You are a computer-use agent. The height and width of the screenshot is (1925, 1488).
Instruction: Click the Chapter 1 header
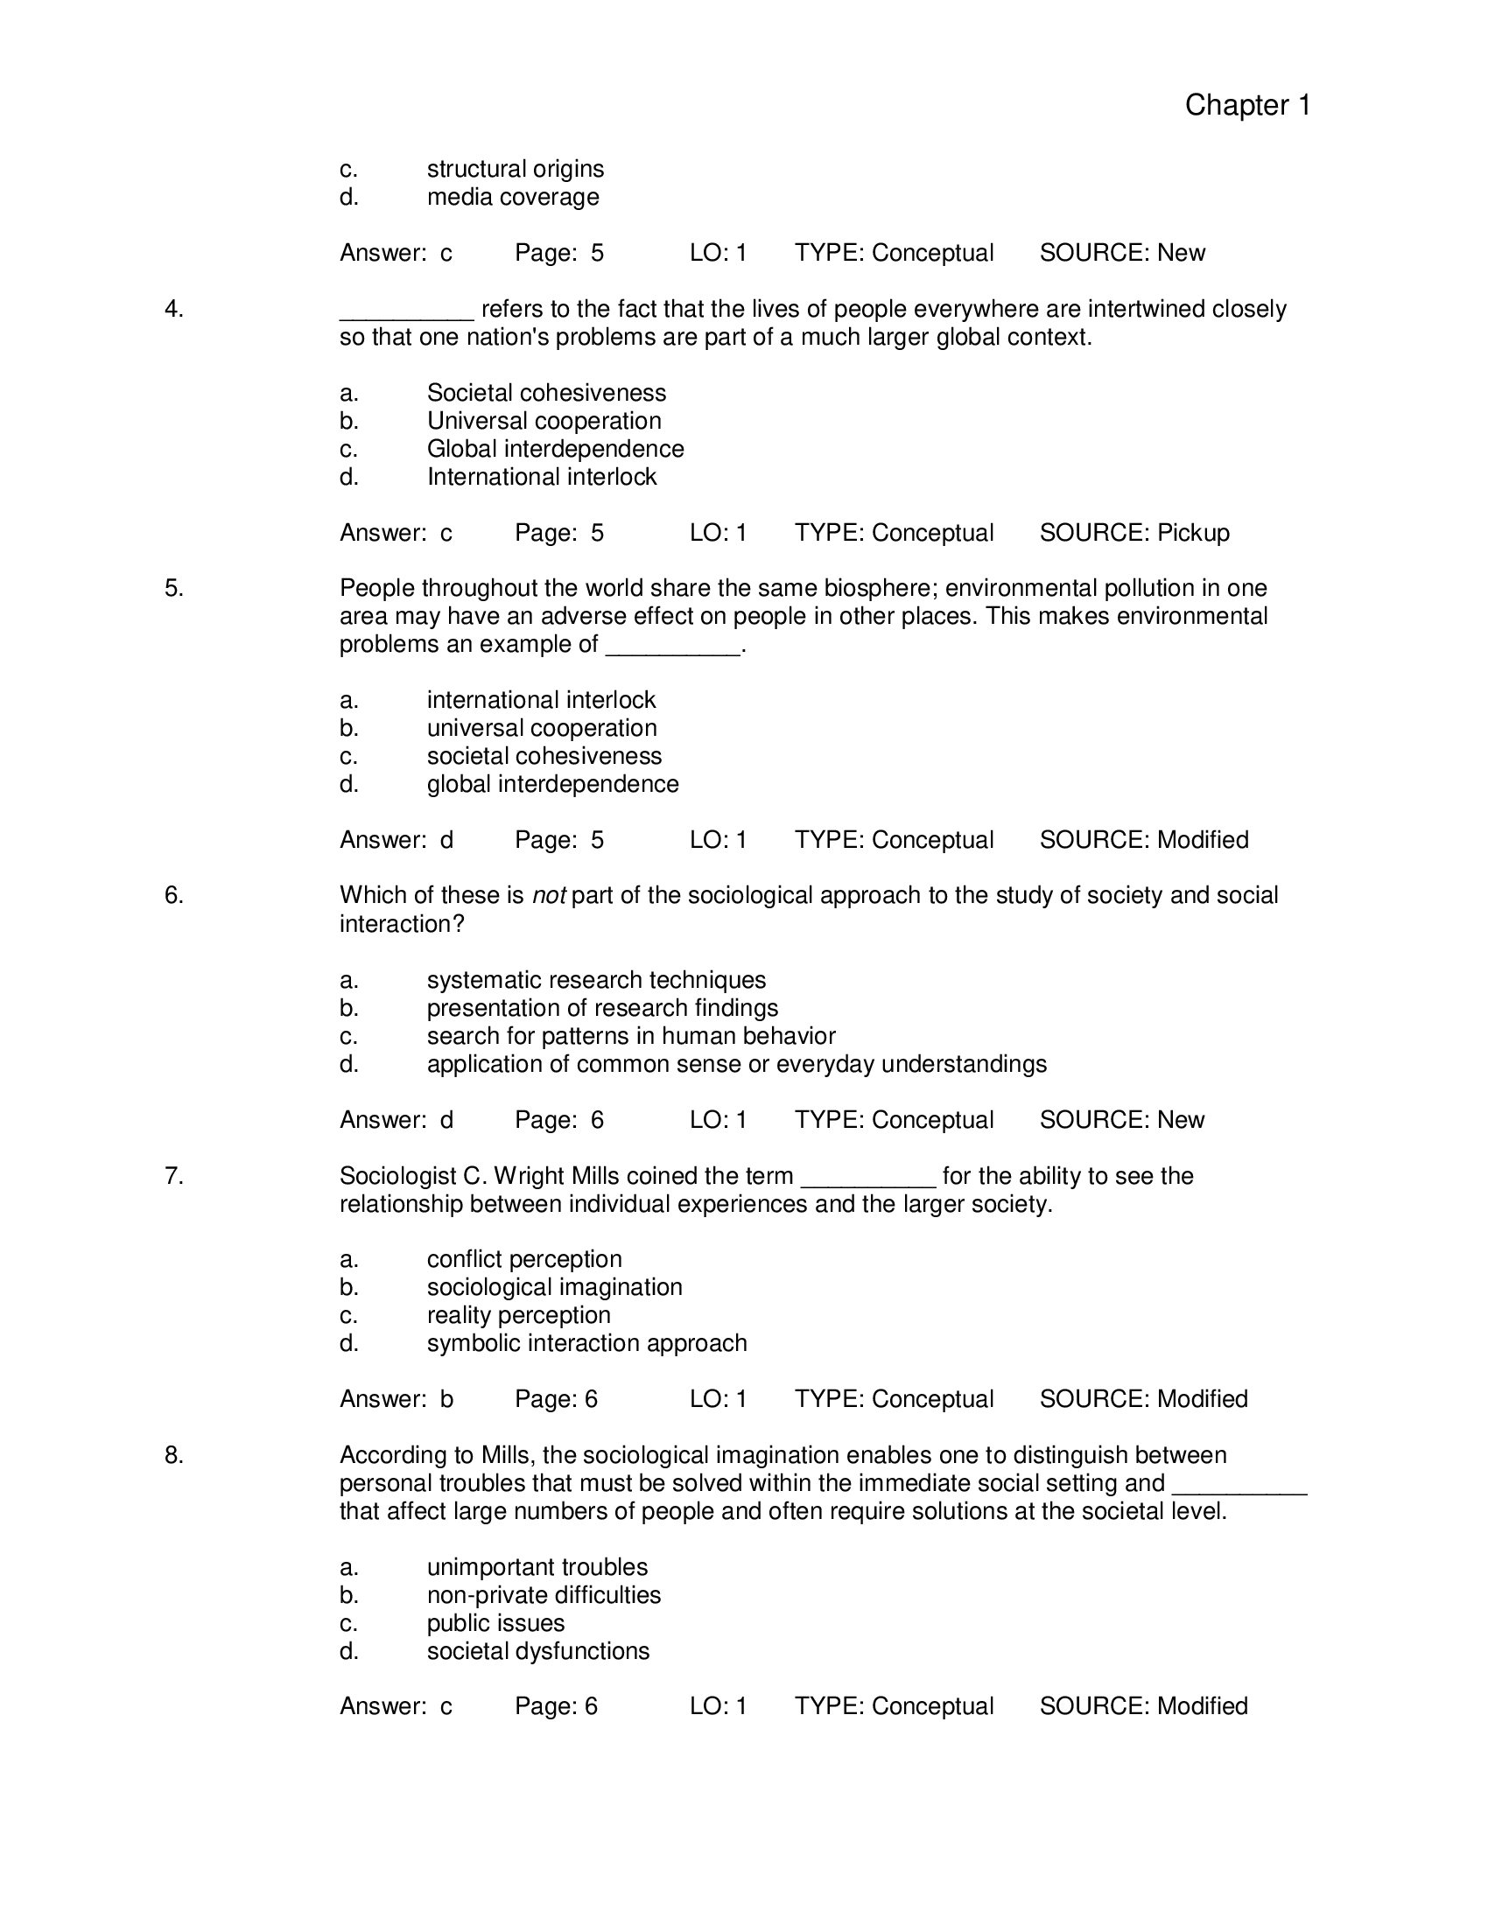[x=1246, y=105]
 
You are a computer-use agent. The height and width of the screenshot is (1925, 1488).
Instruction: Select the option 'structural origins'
[x=515, y=168]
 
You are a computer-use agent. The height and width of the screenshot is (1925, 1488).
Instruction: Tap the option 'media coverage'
[x=512, y=197]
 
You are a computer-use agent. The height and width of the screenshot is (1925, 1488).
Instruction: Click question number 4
[x=173, y=309]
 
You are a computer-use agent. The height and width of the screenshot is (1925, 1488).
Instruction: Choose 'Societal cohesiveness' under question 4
[x=545, y=392]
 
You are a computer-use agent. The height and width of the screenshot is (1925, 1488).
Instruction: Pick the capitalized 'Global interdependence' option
[x=554, y=449]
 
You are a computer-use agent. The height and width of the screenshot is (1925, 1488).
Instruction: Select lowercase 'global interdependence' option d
[x=551, y=784]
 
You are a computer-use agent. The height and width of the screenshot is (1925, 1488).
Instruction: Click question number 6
[x=173, y=894]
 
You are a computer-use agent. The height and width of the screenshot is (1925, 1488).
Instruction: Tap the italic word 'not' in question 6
[x=548, y=895]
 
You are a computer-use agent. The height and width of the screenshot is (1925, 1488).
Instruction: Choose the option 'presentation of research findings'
[x=602, y=1007]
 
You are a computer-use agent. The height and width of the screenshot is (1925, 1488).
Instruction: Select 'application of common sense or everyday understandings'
[x=736, y=1064]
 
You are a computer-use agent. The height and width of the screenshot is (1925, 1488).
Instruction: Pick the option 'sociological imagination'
[x=553, y=1287]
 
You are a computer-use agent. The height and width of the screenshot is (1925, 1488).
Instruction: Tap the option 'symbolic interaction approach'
[x=586, y=1343]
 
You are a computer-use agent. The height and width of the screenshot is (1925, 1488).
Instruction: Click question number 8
[x=173, y=1455]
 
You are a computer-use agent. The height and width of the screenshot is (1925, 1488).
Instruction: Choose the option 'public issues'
[x=495, y=1622]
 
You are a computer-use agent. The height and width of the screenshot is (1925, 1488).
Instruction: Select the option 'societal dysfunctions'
[x=537, y=1651]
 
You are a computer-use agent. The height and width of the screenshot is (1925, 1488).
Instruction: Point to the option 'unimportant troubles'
[x=537, y=1567]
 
